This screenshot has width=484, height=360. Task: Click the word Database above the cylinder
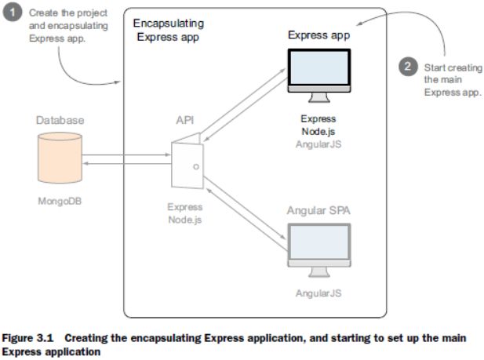tap(60, 121)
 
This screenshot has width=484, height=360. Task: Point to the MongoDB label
tap(60, 201)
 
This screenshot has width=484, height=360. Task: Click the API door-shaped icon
tap(187, 163)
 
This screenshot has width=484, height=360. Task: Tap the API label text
tap(187, 122)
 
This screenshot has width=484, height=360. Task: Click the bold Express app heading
tap(318, 35)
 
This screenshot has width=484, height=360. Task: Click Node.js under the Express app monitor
tap(318, 132)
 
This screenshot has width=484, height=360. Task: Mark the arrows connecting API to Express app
tap(243, 104)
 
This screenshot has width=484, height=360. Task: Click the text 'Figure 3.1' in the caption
tap(30, 337)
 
